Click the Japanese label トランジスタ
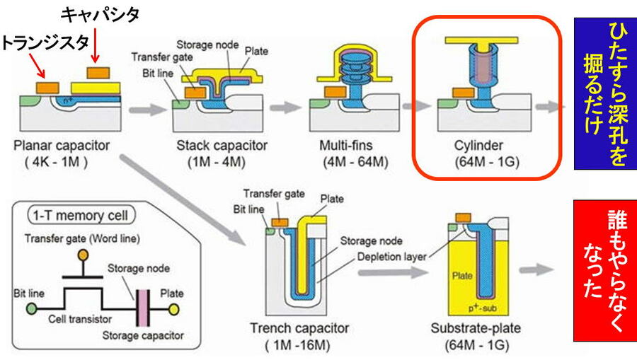click(39, 42)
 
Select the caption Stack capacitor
click(221, 146)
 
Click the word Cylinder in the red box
click(479, 146)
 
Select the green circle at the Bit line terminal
click(31, 308)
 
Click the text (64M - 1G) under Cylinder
click(479, 162)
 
